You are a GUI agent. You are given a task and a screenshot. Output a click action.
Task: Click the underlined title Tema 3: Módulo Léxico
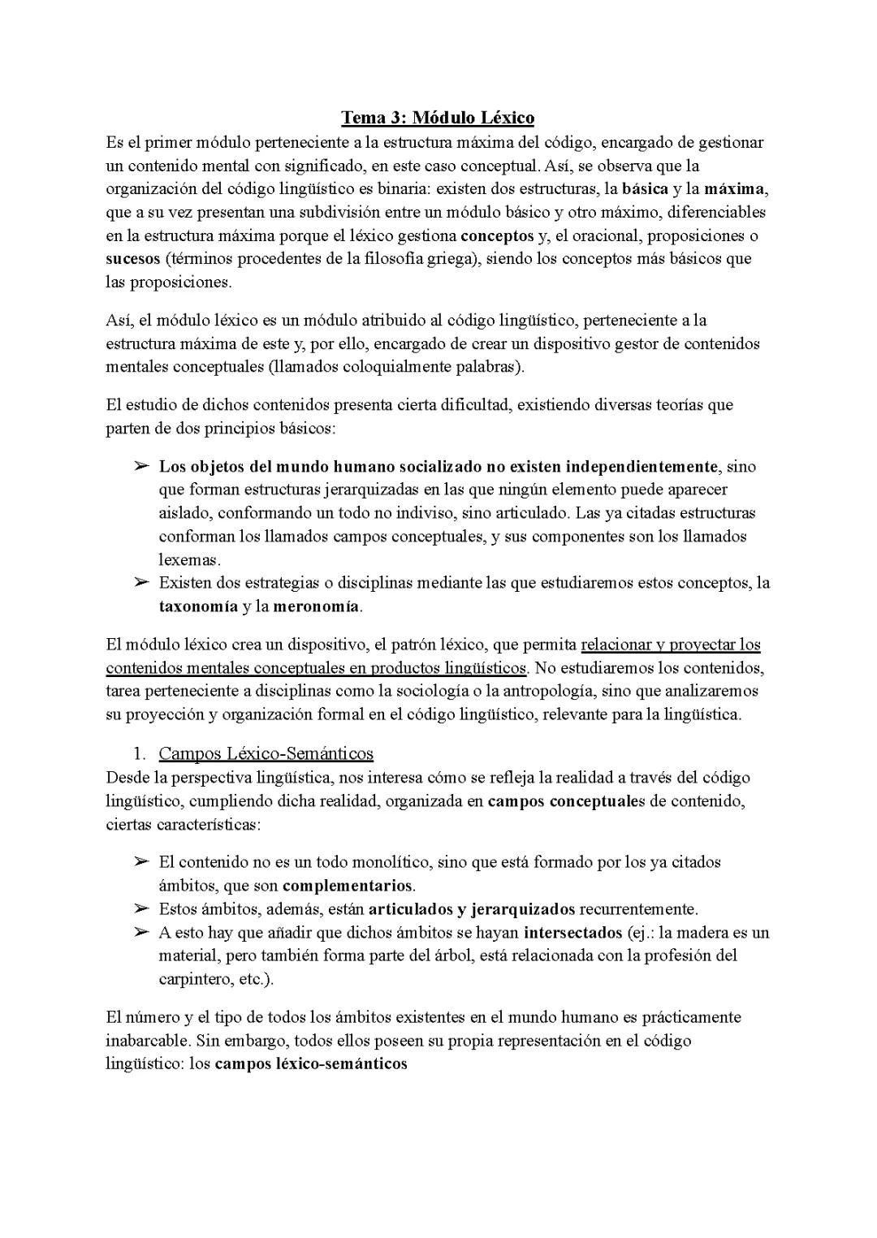click(437, 118)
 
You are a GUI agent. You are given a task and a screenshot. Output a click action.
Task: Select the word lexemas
click(189, 560)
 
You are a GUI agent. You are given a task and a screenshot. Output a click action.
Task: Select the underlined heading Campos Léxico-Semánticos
click(266, 753)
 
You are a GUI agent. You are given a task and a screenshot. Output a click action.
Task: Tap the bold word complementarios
click(348, 886)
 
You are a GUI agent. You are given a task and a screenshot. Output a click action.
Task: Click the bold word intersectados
click(573, 932)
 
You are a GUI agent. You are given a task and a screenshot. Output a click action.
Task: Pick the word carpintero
click(195, 979)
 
